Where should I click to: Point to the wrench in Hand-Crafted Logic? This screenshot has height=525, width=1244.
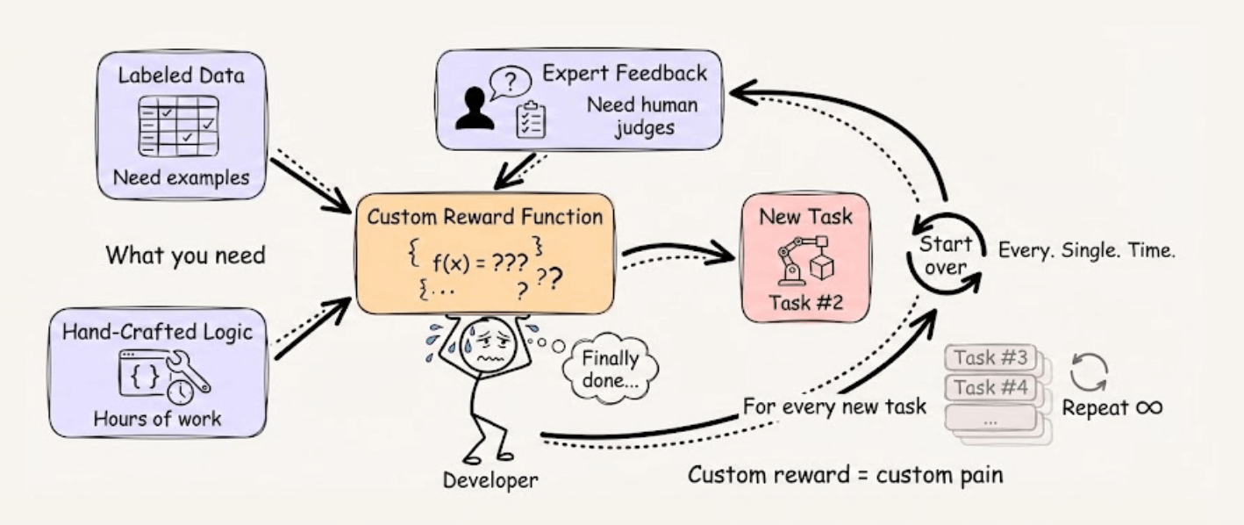[x=191, y=370]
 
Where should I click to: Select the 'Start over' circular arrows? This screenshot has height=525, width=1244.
[x=944, y=255]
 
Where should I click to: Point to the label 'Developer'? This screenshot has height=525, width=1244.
[x=490, y=479]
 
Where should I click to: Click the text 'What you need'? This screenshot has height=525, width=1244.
[x=185, y=255]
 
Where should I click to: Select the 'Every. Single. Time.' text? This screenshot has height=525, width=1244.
[x=1087, y=249]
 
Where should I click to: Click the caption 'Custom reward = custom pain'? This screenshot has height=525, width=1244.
[x=845, y=476]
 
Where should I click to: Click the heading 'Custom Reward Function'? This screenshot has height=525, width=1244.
[x=485, y=217]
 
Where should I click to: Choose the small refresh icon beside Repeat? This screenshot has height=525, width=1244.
[x=1089, y=372]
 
